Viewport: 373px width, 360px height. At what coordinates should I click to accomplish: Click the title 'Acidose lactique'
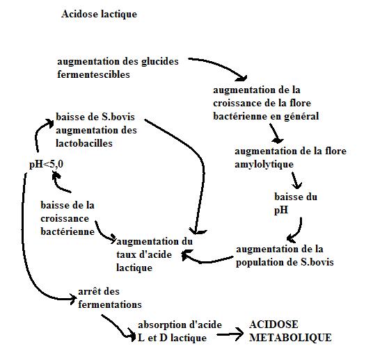click(99, 15)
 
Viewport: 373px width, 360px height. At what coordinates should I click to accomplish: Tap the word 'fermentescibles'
click(93, 74)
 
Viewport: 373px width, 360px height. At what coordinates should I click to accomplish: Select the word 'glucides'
click(160, 62)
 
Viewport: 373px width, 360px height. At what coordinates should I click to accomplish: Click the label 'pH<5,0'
click(46, 164)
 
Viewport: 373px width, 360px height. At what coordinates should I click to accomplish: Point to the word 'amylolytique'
click(264, 165)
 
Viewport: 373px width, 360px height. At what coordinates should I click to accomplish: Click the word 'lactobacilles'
click(84, 143)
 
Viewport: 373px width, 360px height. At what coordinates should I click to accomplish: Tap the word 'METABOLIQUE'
click(290, 338)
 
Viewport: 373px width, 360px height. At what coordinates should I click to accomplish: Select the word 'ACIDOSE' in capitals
click(273, 325)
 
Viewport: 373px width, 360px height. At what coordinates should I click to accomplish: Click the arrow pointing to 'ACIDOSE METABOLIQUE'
click(230, 334)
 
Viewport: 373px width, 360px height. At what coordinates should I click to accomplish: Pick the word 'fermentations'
click(110, 304)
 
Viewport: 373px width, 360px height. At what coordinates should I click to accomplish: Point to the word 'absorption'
click(162, 325)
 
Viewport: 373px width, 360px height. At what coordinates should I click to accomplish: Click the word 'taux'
click(126, 255)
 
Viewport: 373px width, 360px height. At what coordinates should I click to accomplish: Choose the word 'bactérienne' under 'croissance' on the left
click(68, 231)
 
